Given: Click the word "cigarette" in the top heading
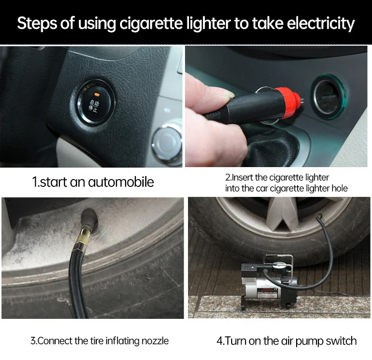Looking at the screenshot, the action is point(151,23).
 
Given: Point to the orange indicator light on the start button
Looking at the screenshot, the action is point(97,94).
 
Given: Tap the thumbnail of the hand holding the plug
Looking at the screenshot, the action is point(276,106).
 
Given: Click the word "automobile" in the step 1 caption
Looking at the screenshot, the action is point(121,182).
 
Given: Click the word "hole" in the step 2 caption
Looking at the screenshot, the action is point(339,188).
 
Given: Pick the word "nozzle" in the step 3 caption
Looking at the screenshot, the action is point(155,341).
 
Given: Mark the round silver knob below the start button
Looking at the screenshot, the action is point(167,142).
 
